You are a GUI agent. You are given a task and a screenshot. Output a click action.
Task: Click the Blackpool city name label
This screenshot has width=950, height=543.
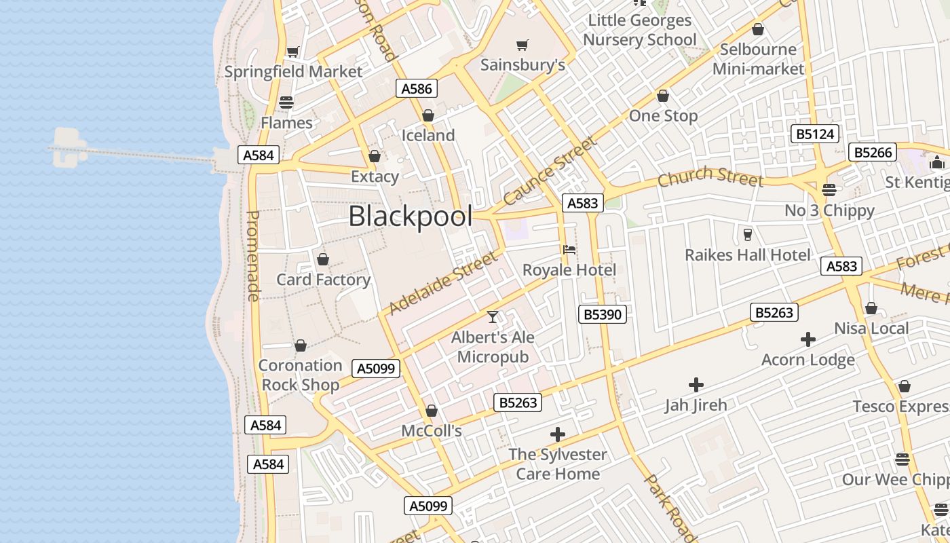click(x=410, y=217)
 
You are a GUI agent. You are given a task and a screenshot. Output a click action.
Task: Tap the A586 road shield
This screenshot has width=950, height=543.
click(x=416, y=88)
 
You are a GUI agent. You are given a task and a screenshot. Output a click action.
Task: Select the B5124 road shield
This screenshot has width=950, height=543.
click(x=814, y=134)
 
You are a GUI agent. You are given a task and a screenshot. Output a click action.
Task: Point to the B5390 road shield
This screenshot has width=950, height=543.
click(x=603, y=314)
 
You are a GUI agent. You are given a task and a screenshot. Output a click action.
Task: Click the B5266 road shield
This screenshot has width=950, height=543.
click(x=873, y=152)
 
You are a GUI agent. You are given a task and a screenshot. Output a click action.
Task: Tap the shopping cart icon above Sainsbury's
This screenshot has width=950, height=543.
click(x=522, y=45)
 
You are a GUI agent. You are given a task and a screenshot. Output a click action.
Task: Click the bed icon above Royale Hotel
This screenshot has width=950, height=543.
click(x=569, y=250)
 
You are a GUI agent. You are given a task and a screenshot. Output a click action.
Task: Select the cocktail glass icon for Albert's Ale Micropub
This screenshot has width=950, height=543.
click(x=493, y=317)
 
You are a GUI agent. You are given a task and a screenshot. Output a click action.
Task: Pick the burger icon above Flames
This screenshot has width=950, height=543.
click(x=286, y=102)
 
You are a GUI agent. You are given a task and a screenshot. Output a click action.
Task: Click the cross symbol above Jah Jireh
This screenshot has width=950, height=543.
click(x=696, y=385)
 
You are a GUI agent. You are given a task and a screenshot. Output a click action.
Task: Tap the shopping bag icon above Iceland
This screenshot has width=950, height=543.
click(x=427, y=115)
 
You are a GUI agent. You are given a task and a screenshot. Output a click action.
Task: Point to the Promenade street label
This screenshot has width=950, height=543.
click(x=252, y=255)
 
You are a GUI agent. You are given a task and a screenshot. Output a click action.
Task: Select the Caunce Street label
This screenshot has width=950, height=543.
click(x=550, y=170)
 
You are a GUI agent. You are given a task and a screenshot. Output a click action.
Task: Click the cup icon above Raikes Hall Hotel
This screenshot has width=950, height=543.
click(x=747, y=234)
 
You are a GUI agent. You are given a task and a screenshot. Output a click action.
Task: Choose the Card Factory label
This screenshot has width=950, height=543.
click(x=323, y=280)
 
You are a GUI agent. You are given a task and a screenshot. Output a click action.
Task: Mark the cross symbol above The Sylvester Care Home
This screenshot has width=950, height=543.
click(x=557, y=434)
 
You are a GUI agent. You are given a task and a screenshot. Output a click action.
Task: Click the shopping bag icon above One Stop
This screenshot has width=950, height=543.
click(x=662, y=96)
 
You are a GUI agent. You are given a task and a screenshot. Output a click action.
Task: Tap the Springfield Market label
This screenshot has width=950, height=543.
click(x=293, y=71)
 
